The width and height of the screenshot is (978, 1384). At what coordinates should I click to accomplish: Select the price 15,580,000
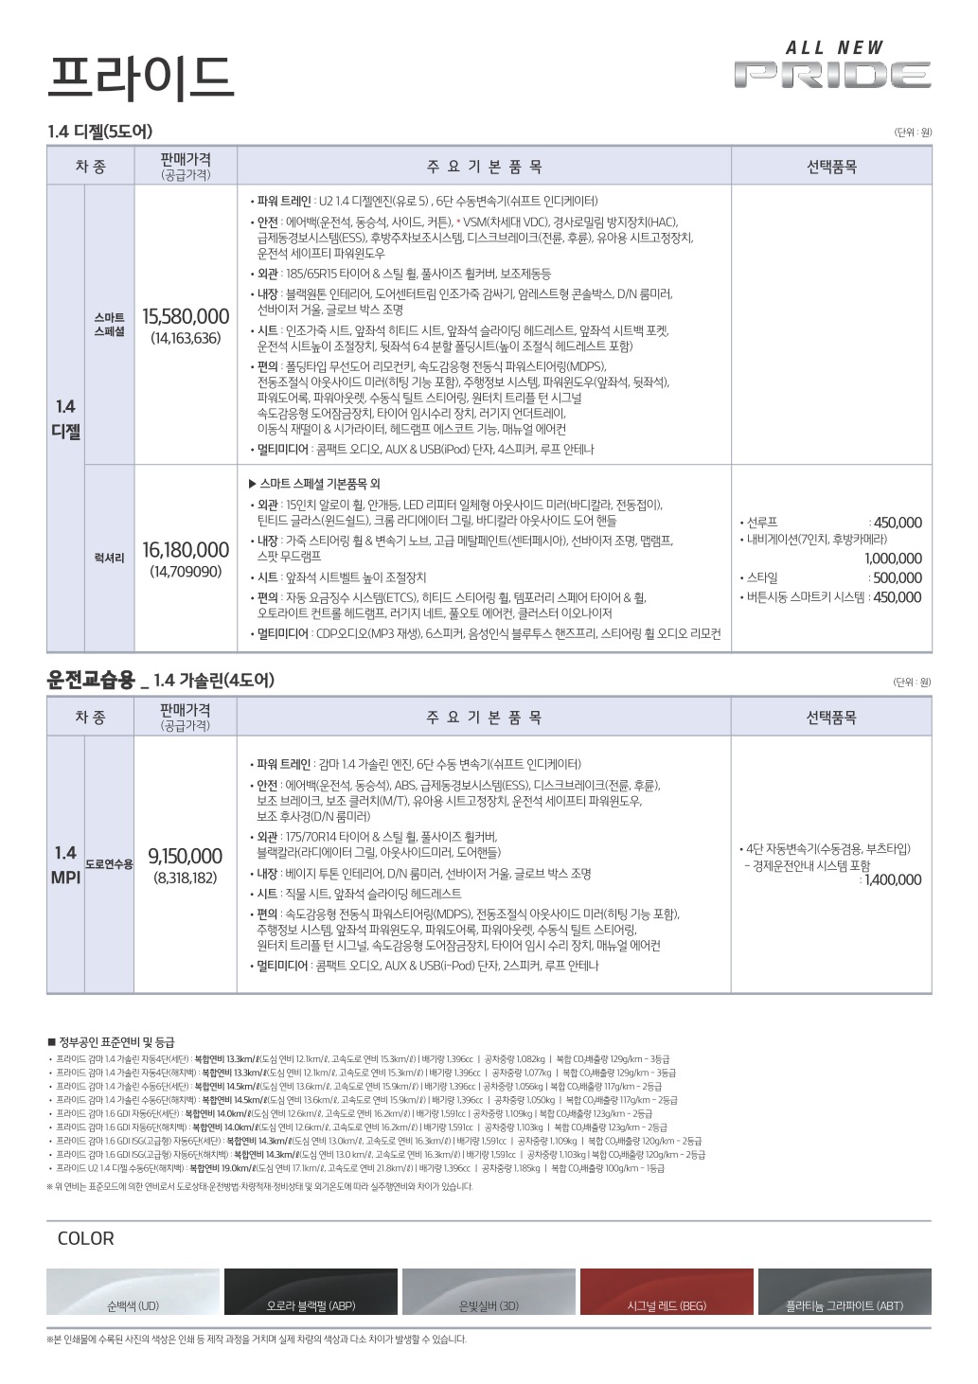pos(186,316)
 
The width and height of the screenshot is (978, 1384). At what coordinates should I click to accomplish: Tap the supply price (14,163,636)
pos(186,338)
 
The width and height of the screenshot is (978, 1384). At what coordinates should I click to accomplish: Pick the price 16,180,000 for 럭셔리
pos(186,550)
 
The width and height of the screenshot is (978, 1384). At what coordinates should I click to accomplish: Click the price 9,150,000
pos(186,857)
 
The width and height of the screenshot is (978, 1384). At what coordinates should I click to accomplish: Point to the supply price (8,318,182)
pos(186,878)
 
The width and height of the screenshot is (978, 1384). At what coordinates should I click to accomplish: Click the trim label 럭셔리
pos(109,559)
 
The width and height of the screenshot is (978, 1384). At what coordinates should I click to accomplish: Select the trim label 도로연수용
pos(109,864)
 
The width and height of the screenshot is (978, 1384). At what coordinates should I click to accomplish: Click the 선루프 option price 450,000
pos(897,523)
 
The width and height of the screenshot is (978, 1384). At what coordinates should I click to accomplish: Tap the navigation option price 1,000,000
pos(892,559)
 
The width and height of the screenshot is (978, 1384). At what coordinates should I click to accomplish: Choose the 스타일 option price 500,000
pos(897,577)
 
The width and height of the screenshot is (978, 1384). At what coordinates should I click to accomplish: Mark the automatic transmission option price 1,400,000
pos(892,879)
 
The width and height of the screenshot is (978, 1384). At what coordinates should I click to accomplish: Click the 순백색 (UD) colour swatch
pos(133,1292)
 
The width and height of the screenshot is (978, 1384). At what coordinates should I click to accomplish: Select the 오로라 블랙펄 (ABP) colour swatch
pos(311,1292)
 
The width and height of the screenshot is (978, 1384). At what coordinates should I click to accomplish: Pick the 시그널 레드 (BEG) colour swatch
pos(667,1292)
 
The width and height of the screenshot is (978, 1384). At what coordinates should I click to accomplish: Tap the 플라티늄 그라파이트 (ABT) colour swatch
pos(845,1292)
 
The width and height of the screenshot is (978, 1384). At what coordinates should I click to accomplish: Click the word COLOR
pos(85,1238)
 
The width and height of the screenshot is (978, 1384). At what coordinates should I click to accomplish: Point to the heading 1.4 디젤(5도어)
pos(99,132)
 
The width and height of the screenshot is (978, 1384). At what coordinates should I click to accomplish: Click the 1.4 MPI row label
pos(65,865)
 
